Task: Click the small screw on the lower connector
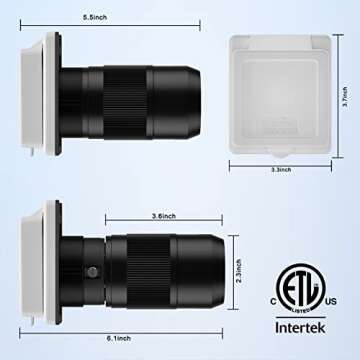coord(93,272)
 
